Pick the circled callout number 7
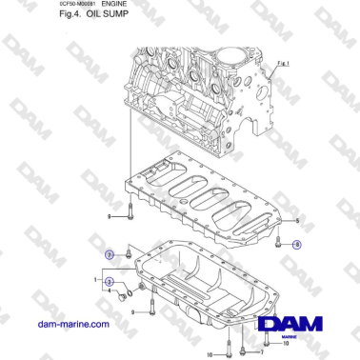pos(110,255)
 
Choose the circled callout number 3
pos(110,282)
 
